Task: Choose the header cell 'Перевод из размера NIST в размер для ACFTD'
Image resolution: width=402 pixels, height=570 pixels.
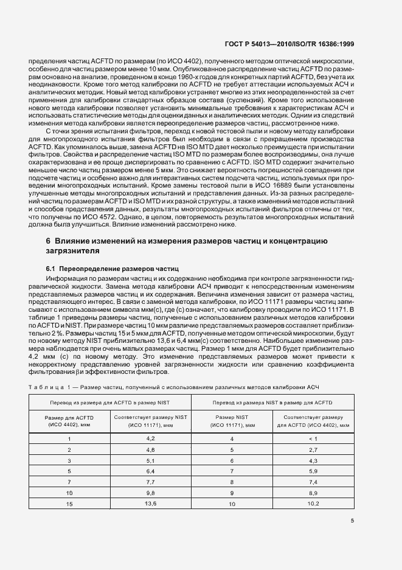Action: pyautogui.click(x=272, y=403)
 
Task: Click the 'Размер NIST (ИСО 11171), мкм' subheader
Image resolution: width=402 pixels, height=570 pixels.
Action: pyautogui.click(x=232, y=421)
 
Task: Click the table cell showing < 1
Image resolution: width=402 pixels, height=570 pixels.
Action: pyautogui.click(x=313, y=438)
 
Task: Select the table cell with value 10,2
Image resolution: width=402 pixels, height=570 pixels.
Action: pyautogui.click(x=313, y=503)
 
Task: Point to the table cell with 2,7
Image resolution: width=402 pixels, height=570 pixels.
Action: pyautogui.click(x=313, y=449)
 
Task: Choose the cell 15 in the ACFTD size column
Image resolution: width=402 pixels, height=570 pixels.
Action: pyautogui.click(x=69, y=503)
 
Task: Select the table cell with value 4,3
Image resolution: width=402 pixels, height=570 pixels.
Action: pyautogui.click(x=313, y=460)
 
